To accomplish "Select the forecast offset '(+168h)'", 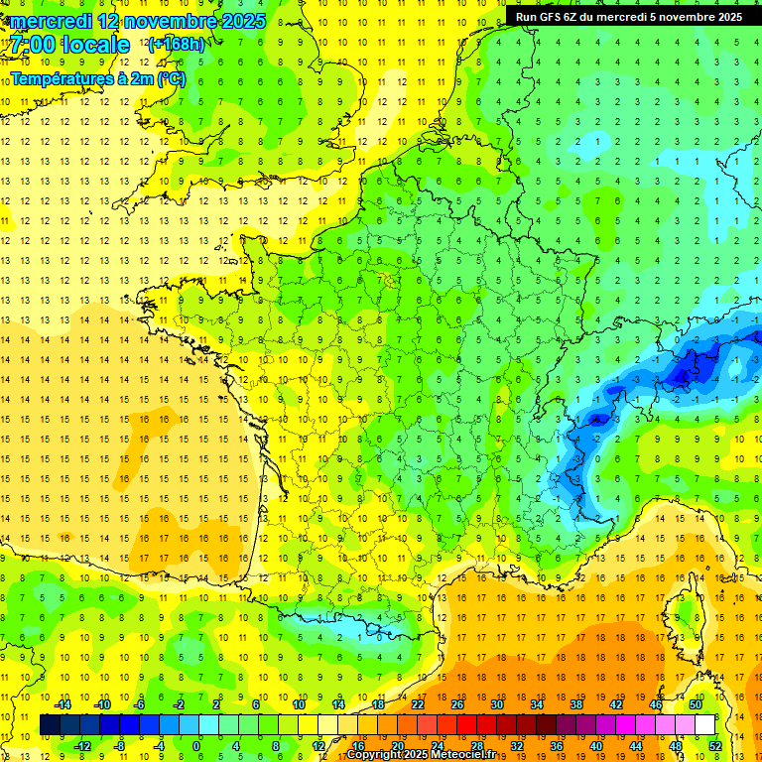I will point(177,45).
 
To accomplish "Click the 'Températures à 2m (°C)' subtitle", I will point(97,78).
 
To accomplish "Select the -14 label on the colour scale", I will point(63,704).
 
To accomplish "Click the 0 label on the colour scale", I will point(196,745).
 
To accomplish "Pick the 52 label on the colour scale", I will point(714,745).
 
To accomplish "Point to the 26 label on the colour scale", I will point(456,704).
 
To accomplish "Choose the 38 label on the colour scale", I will point(575,704).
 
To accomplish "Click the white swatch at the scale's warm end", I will point(704,724).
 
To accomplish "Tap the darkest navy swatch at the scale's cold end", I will point(50,724).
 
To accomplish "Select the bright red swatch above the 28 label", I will point(476,724).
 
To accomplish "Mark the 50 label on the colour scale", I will point(695,704).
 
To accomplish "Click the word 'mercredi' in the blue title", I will point(50,21).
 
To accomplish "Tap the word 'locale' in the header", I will point(95,45).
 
